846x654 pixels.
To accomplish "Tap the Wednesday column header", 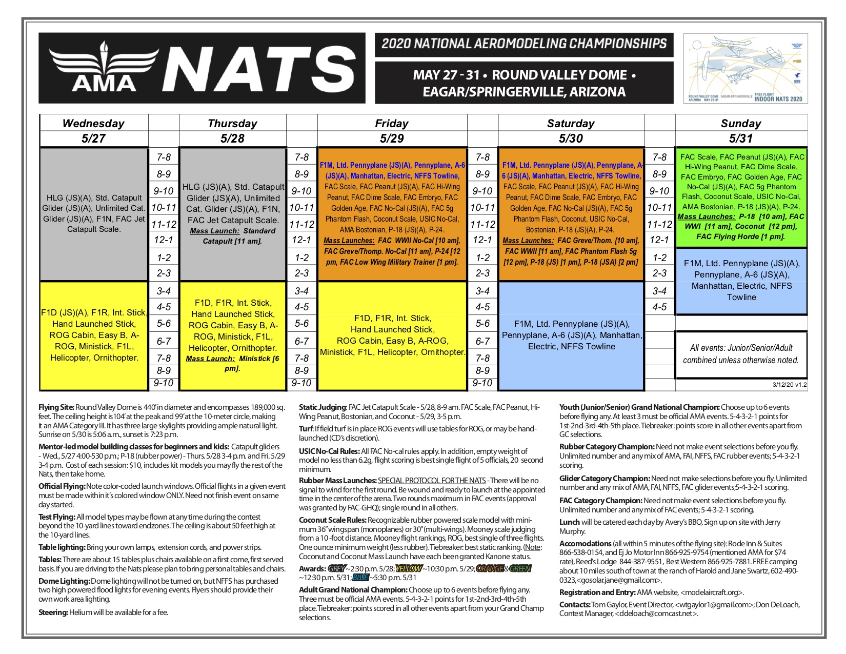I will (93, 123).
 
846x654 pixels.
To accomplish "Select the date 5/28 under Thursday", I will (232, 138).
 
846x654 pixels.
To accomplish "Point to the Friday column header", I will (392, 123).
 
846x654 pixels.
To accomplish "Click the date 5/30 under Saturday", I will (571, 138).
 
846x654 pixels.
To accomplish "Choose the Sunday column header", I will (741, 123).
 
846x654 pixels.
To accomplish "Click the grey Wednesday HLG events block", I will (94, 213).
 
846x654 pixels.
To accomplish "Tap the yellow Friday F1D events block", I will (392, 335).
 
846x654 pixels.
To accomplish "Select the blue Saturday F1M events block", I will (571, 335).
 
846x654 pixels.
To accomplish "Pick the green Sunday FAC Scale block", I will (741, 196).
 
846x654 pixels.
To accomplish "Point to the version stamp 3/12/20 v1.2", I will (789, 384).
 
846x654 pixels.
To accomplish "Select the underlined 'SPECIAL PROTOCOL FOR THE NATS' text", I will (432, 481).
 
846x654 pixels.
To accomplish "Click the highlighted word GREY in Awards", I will (336, 568).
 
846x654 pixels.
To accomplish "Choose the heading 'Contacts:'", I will (575, 605).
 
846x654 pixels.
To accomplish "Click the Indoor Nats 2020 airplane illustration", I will (746, 68).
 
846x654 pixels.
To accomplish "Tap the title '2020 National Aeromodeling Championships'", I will (523, 44).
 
